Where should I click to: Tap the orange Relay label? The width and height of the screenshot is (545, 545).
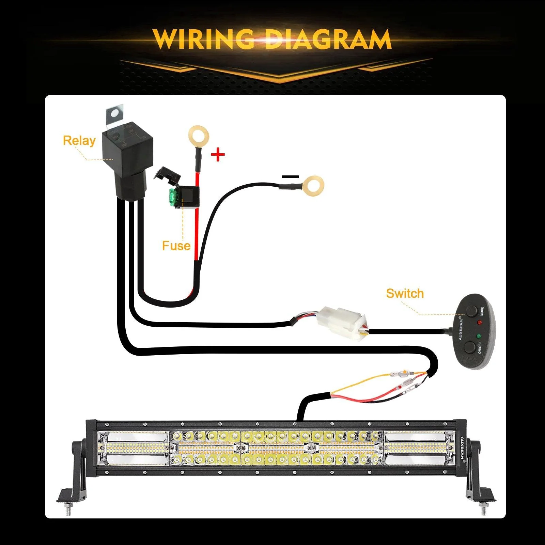[79, 141]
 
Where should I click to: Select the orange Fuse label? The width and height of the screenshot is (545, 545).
[176, 246]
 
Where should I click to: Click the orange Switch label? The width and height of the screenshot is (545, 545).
[405, 293]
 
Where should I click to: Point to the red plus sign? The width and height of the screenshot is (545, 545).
[218, 155]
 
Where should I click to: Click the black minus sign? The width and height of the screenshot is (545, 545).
[290, 176]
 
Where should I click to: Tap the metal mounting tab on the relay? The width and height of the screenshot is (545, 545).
[114, 116]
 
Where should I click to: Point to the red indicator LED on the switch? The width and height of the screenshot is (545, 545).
[480, 322]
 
